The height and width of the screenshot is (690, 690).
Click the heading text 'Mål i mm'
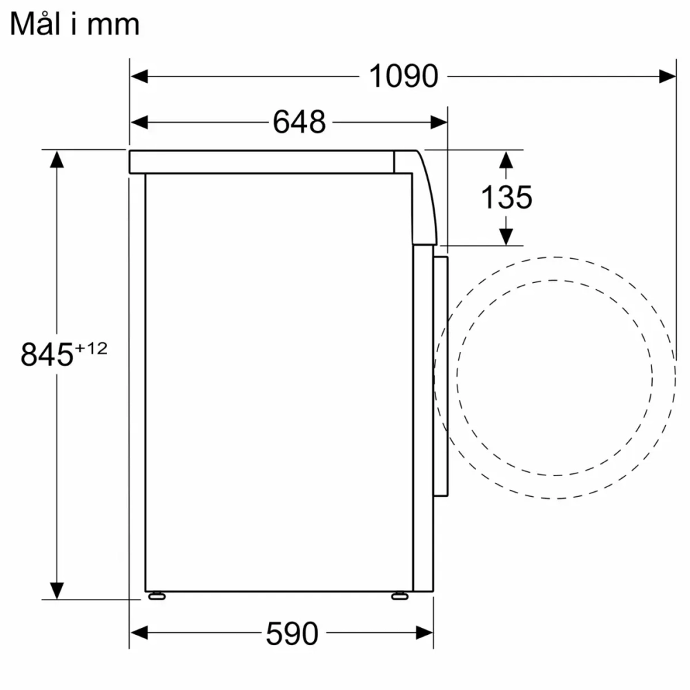pyautogui.click(x=75, y=24)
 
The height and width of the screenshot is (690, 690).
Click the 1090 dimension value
pyautogui.click(x=404, y=76)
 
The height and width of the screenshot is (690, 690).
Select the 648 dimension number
pyautogui.click(x=299, y=123)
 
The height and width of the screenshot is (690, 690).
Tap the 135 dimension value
pyautogui.click(x=506, y=198)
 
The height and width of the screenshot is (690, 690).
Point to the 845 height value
pyautogui.click(x=47, y=355)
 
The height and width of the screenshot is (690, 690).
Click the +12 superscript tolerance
pyautogui.click(x=91, y=348)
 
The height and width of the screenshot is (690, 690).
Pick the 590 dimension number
pyautogui.click(x=292, y=633)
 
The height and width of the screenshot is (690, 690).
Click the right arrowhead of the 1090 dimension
pyautogui.click(x=667, y=76)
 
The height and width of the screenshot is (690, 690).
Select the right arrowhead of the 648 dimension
pyautogui.click(x=439, y=123)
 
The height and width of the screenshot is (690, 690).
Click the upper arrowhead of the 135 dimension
pyautogui.click(x=506, y=160)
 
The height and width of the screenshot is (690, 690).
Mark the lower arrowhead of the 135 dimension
pyautogui.click(x=506, y=236)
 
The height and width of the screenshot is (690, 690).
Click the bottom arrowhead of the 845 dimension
pyautogui.click(x=57, y=590)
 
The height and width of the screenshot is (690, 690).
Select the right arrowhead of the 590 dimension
pyautogui.click(x=424, y=632)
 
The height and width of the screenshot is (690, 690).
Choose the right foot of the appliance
pyautogui.click(x=400, y=595)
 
